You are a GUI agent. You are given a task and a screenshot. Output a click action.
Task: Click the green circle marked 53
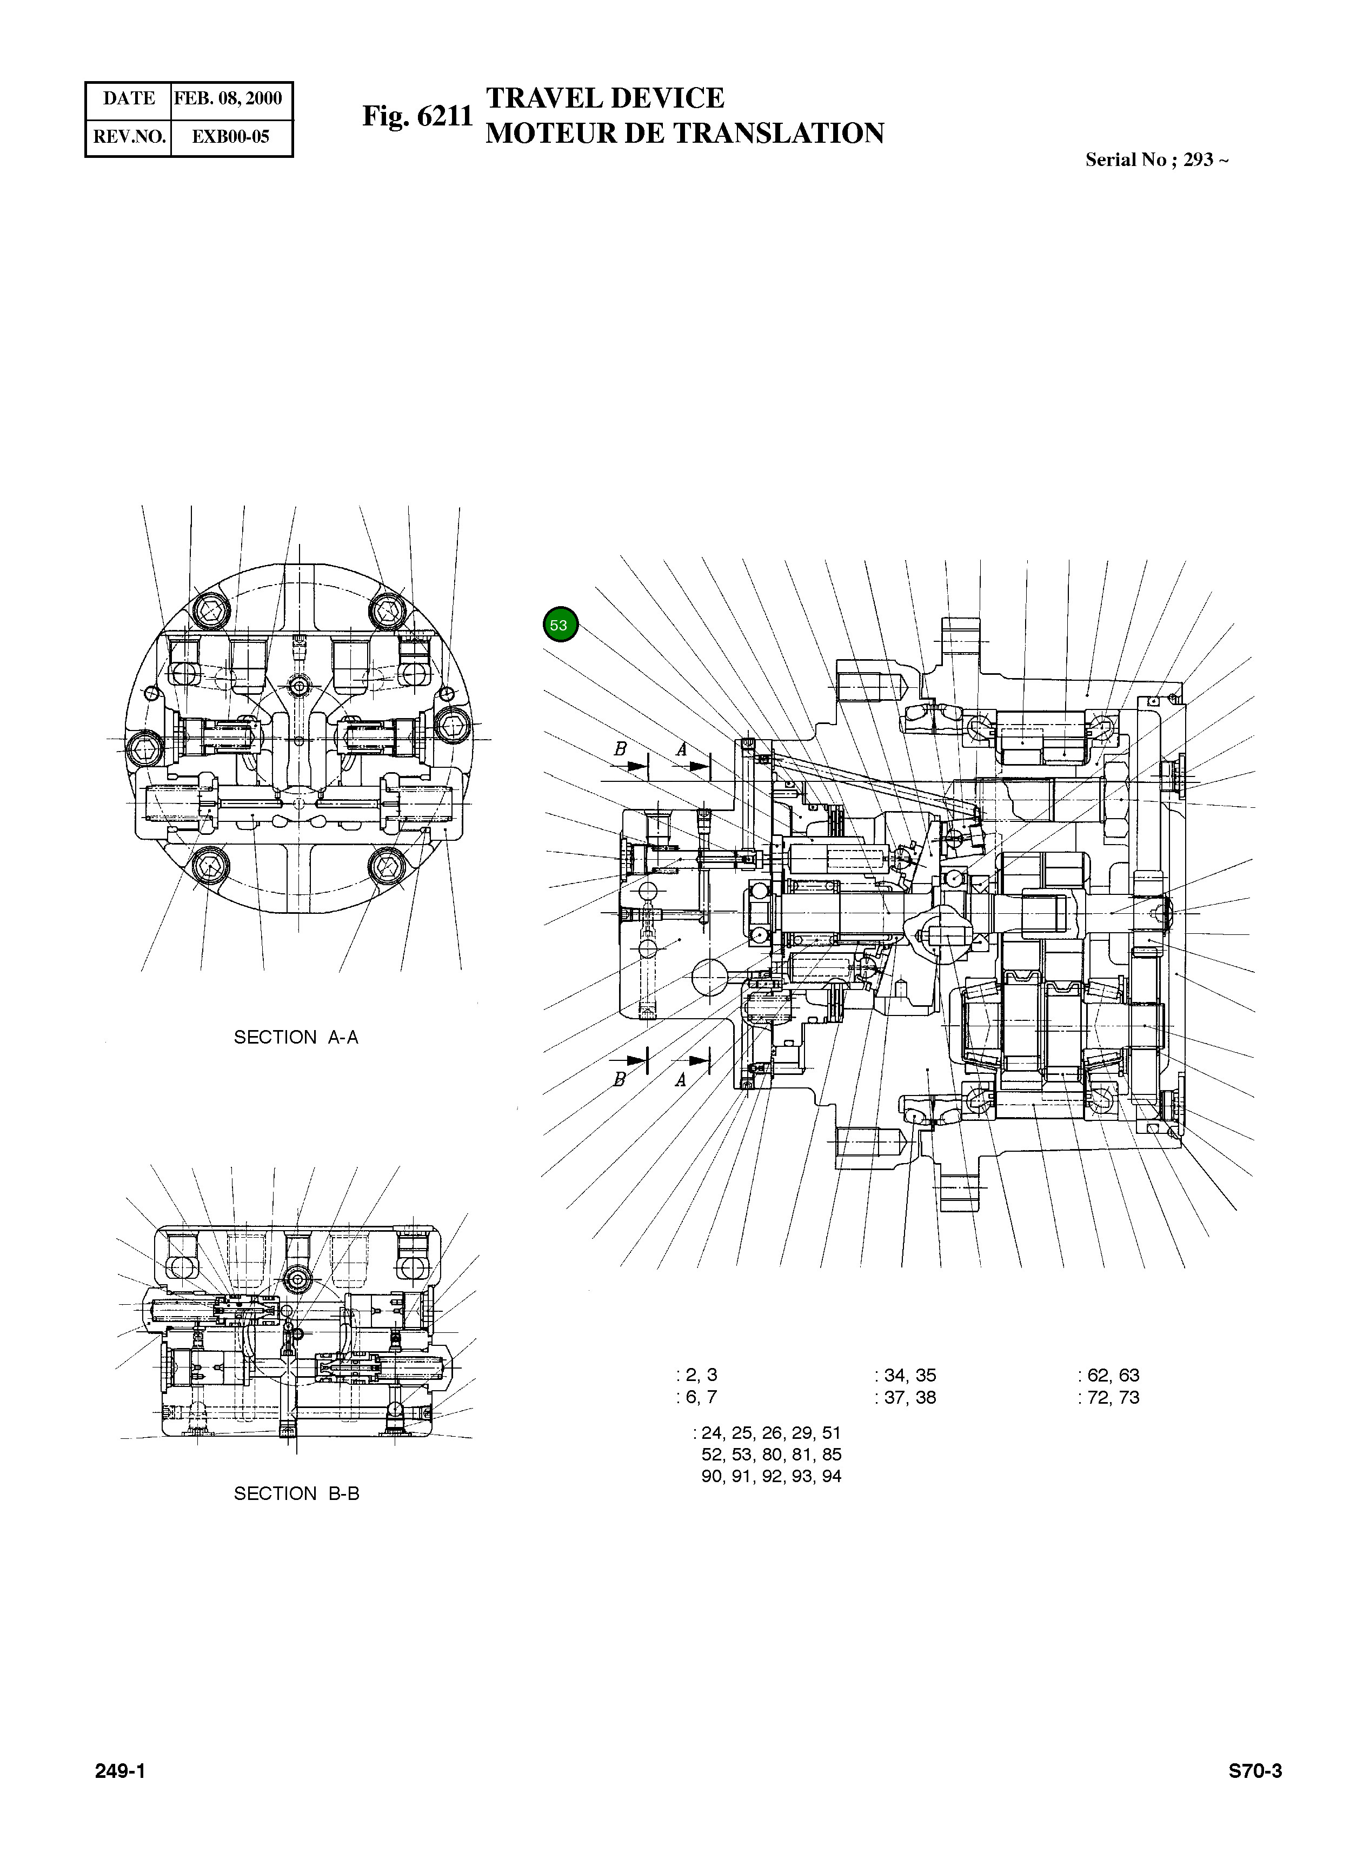coord(560,625)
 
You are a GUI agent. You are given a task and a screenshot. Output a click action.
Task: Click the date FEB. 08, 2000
coord(229,98)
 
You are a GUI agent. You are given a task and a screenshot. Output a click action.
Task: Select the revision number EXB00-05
coord(230,137)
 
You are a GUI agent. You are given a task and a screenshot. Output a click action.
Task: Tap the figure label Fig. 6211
coord(417,116)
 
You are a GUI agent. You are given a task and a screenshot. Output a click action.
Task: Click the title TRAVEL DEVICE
coord(605,98)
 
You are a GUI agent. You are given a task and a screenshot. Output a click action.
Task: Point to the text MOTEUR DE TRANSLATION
coord(684,134)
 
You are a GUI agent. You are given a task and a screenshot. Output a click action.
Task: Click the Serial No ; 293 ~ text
coord(1156,160)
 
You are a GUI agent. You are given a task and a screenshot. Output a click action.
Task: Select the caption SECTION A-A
coord(296,1037)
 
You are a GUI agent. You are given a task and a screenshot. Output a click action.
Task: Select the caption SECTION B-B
coord(296,1493)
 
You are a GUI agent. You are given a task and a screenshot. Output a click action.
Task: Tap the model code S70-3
coord(1255,1771)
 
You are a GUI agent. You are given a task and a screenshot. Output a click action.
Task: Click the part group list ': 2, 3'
coord(696,1375)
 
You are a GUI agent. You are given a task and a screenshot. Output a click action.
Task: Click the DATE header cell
coord(129,98)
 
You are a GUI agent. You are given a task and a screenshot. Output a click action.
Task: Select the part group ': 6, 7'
coord(696,1397)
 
